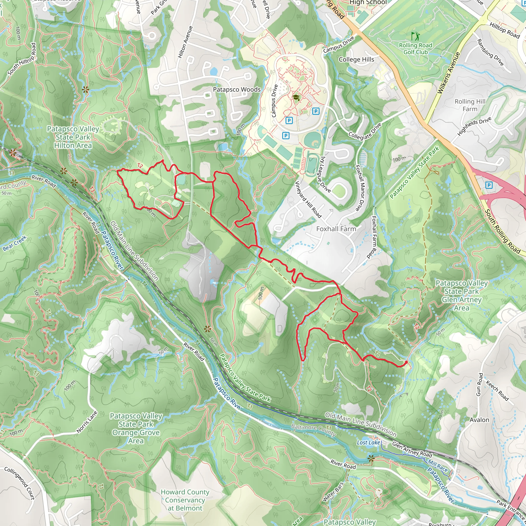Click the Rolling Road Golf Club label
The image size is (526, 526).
pos(416,49)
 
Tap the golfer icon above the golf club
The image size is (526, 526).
pos(416,36)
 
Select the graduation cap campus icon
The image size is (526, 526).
pos(296,97)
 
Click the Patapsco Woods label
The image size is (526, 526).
pos(237,90)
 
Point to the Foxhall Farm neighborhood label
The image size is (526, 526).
pos(336,229)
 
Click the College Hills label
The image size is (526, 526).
pos(356,60)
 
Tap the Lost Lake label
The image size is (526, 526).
pos(368,443)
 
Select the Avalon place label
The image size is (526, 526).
pos(479,420)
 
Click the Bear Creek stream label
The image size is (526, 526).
pos(15,243)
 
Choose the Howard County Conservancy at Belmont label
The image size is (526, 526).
pos(185,500)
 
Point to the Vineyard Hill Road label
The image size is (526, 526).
pos(308,200)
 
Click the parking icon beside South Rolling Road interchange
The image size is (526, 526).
pos(489,185)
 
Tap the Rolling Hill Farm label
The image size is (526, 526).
pos(470,105)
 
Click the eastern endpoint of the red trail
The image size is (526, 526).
pos(406,362)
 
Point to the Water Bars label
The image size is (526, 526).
pos(333,492)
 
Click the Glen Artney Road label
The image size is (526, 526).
pos(412,450)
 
